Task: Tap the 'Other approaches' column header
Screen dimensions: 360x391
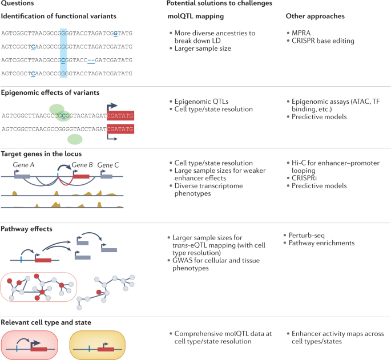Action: [x=312, y=16]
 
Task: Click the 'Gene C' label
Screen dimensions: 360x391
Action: [x=107, y=164]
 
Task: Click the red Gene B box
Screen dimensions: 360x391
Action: [x=80, y=176]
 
